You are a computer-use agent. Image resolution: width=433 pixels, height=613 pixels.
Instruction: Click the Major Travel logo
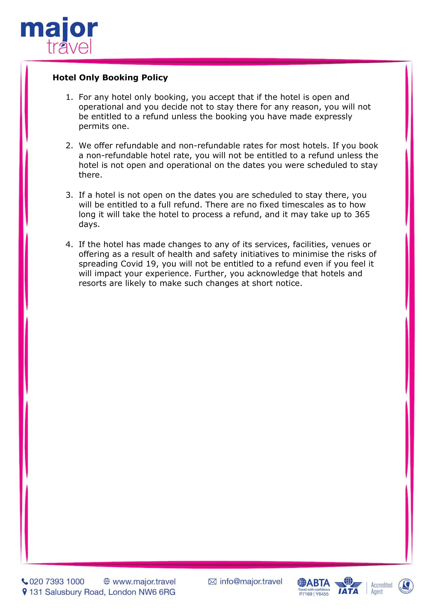59,35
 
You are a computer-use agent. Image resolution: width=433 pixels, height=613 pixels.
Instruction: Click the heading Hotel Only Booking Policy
110,77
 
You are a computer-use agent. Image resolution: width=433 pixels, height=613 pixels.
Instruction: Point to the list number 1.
69,97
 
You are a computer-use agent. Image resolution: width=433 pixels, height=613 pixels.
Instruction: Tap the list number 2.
69,146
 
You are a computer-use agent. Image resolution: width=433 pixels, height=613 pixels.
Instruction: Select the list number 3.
69,195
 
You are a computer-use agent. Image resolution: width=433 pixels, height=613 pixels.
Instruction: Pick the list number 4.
69,245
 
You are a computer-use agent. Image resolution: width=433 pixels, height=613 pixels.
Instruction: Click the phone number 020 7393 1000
57,582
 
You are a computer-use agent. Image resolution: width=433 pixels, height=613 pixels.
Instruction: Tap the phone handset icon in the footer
25,582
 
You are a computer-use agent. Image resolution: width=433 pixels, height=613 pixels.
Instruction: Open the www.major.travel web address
144,582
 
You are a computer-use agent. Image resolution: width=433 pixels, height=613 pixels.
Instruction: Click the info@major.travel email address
251,582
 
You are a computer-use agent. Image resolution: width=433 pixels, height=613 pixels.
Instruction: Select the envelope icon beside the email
212,582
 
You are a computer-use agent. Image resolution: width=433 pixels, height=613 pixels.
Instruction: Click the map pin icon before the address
25,592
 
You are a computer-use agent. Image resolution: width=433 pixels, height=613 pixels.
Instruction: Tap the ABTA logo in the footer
314,586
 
